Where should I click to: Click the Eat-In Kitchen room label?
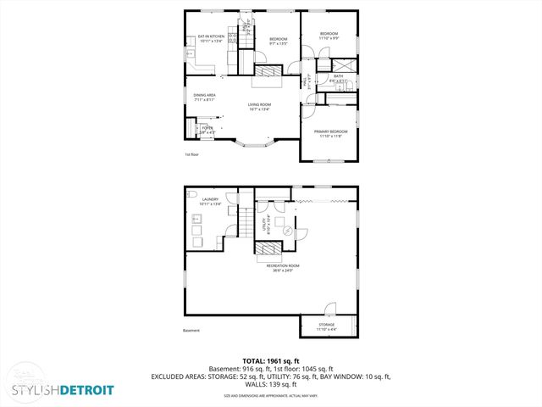pyautogui.click(x=211, y=38)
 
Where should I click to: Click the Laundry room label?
pyautogui.click(x=210, y=201)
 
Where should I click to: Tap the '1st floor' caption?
pyautogui.click(x=192, y=154)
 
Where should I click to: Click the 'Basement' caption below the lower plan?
pyautogui.click(x=191, y=331)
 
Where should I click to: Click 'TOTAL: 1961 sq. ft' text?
pyautogui.click(x=271, y=360)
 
